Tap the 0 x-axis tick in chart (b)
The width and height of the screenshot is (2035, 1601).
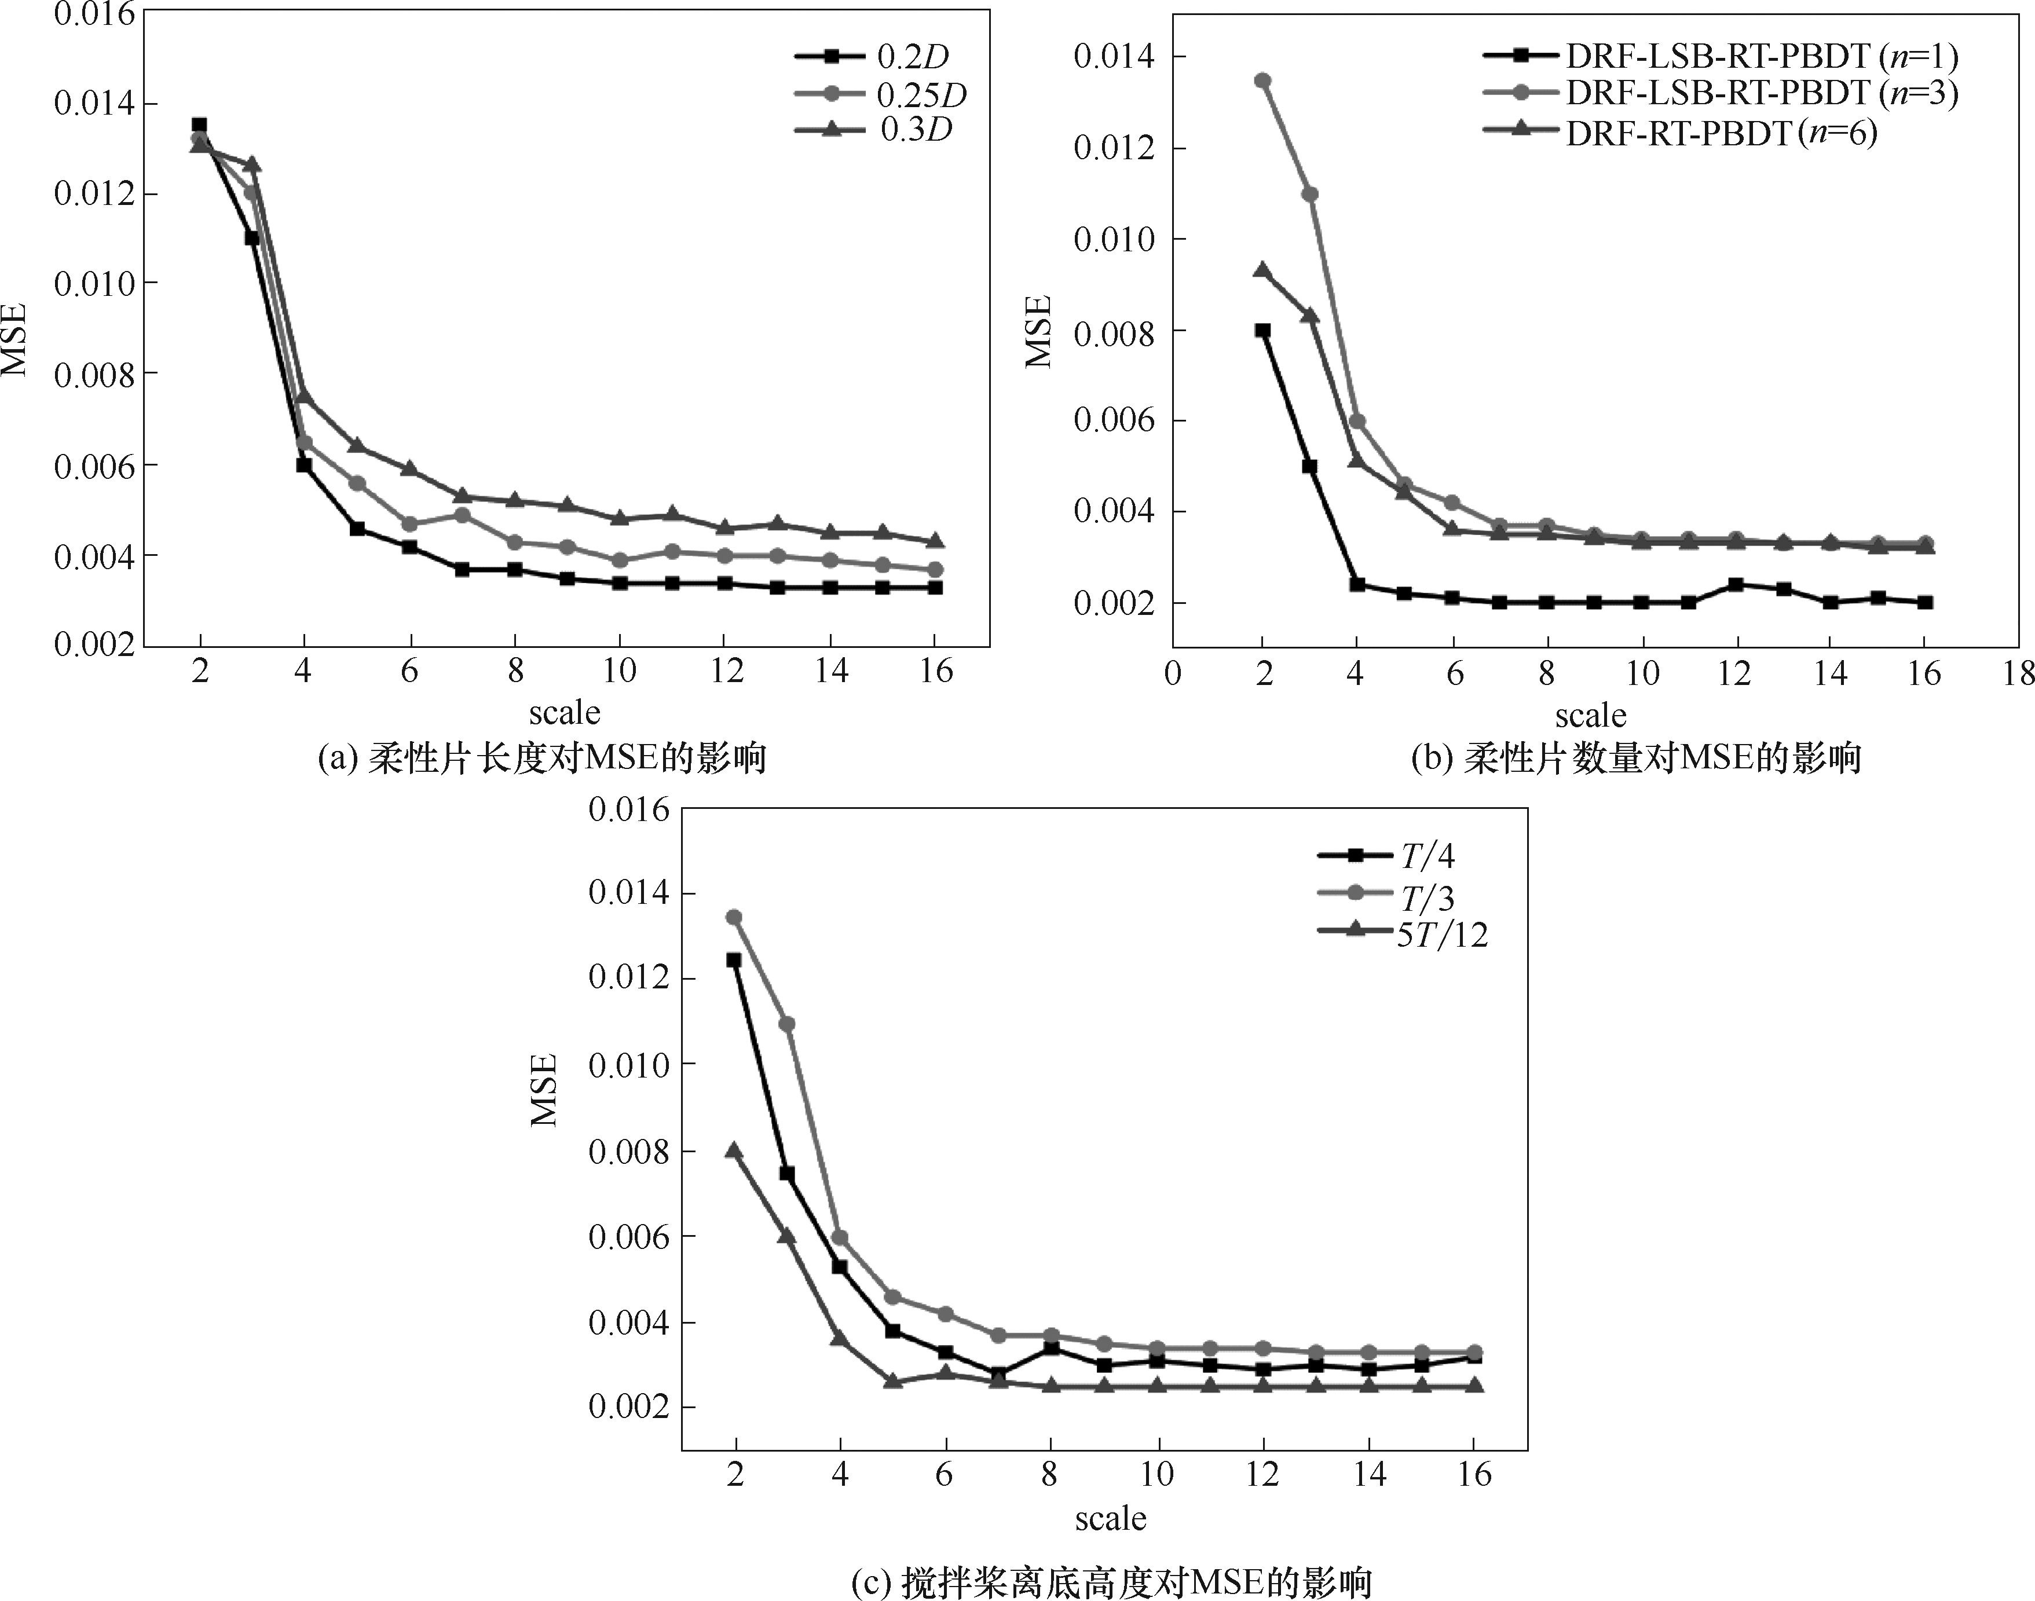tap(1173, 673)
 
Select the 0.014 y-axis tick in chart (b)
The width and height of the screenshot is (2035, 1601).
tap(1115, 56)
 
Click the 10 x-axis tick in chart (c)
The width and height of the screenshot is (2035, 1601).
tap(1158, 1474)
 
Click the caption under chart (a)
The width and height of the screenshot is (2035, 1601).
tap(543, 757)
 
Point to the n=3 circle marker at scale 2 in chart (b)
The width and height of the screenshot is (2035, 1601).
tap(1262, 80)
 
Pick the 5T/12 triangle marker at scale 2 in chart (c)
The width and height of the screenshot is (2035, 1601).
tap(734, 1150)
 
